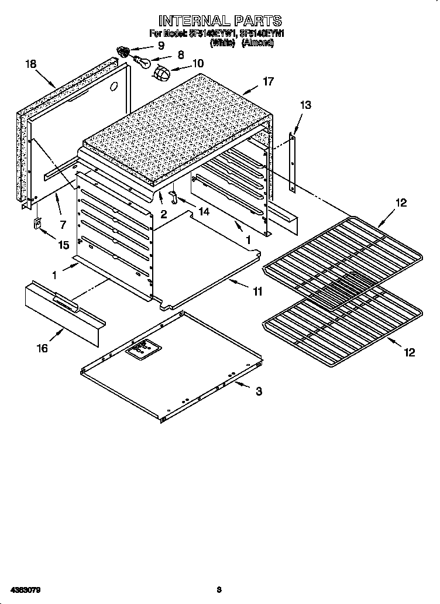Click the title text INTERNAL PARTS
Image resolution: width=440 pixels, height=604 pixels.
point(220,22)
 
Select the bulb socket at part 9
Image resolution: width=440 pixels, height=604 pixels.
point(124,51)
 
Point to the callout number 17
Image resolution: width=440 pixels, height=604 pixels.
point(267,82)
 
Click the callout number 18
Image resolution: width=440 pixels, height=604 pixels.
point(32,63)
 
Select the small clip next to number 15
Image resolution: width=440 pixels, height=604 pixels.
point(37,224)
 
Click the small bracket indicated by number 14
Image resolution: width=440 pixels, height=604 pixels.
point(173,194)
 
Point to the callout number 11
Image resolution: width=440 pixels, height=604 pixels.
point(257,290)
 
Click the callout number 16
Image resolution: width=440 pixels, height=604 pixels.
point(42,349)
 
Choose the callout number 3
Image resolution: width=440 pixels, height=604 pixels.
point(259,392)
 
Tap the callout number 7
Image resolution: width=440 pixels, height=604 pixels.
point(62,224)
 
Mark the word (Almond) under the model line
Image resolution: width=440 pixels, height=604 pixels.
point(258,43)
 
